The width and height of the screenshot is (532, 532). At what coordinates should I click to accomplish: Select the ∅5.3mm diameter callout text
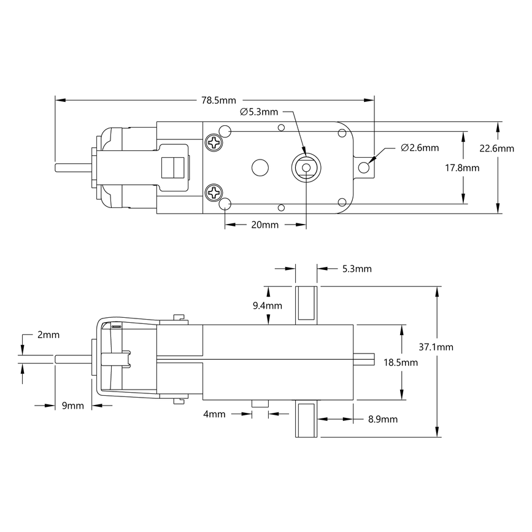pos(258,112)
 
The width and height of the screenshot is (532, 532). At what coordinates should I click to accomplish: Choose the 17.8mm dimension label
pos(480,167)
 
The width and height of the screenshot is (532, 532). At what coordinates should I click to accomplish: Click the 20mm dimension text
pos(264,225)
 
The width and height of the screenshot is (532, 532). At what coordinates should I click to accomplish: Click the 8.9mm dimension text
pos(382,419)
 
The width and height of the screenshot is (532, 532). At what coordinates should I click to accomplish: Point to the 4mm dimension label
pos(214,414)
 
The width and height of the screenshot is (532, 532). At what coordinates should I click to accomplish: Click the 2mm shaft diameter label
pos(48,334)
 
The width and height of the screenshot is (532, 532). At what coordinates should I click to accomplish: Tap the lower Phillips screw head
pos(215,192)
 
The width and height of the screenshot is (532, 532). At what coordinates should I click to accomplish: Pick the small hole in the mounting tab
pos(364,167)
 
